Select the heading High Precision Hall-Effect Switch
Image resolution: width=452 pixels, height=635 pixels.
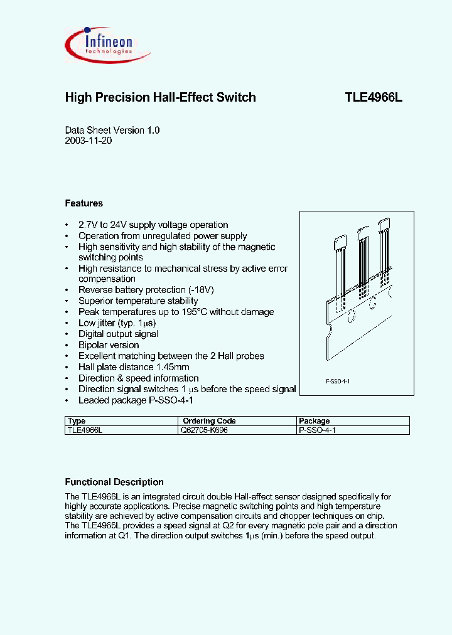[160, 97]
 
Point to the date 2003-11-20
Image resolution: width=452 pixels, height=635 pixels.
[89, 141]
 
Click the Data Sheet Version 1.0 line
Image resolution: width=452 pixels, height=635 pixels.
[112, 130]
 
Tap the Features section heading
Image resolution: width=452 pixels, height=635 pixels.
[83, 203]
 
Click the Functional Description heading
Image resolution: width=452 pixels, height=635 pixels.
[114, 482]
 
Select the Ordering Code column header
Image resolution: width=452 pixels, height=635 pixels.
[209, 421]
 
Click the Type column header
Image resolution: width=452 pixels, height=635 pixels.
[76, 421]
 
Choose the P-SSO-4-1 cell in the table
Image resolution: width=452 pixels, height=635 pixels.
[318, 430]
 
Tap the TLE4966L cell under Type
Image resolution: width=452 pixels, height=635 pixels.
[83, 430]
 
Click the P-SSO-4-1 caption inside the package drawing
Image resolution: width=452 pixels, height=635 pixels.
[337, 382]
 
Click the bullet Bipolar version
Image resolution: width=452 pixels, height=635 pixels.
[109, 345]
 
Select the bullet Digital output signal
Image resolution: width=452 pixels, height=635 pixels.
[118, 334]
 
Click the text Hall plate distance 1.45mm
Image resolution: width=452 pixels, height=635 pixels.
[134, 367]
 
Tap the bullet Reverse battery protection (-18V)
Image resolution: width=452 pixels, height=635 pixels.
[146, 290]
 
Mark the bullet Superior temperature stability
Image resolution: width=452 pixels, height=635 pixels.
[138, 301]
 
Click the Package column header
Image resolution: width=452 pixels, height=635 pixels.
[315, 421]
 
